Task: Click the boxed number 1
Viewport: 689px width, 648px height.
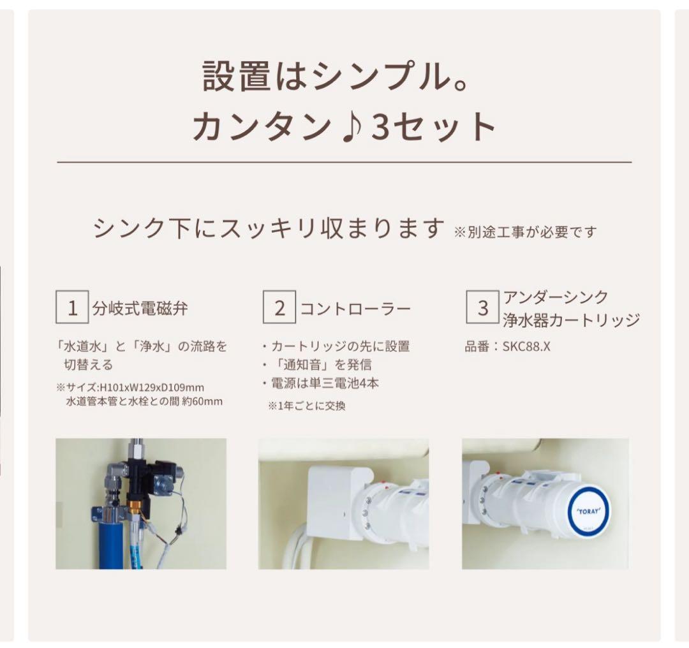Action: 72,308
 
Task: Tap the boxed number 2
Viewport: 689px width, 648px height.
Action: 279,308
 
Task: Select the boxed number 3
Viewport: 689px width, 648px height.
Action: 483,308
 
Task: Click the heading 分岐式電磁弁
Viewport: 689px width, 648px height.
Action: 140,309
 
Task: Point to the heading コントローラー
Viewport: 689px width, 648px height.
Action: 355,309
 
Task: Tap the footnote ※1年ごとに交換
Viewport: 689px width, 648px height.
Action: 306,406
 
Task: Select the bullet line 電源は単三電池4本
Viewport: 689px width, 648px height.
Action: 325,383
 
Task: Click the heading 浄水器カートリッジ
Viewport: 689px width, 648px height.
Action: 571,320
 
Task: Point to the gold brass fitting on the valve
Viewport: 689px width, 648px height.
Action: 135,508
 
